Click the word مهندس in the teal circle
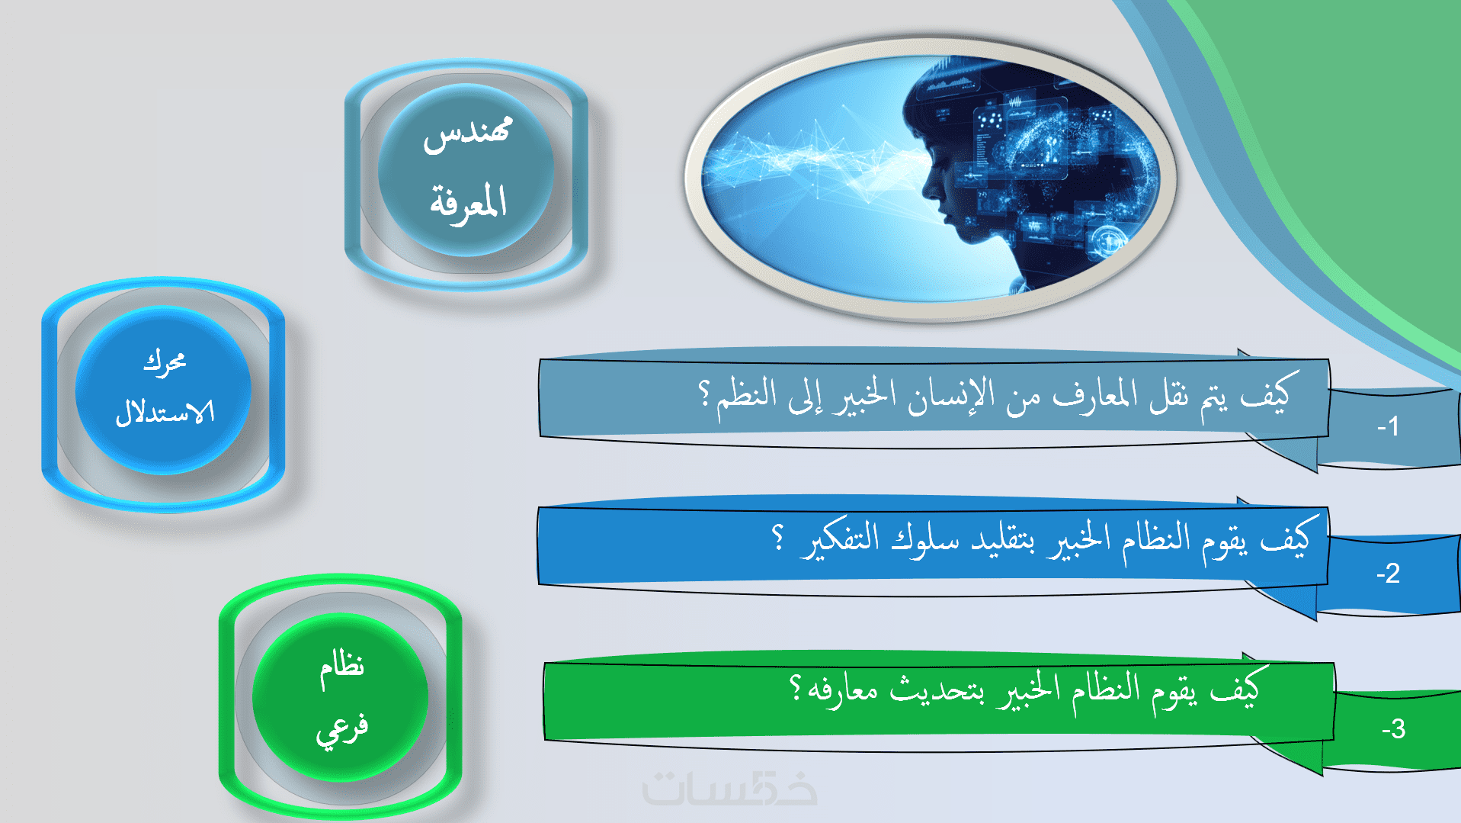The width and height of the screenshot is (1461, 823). (467, 134)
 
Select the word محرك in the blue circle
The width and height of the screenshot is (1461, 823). (165, 362)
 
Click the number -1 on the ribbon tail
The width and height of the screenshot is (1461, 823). (1388, 426)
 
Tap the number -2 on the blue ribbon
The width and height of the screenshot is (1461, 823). (1388, 574)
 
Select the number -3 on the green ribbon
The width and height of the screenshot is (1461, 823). (1393, 729)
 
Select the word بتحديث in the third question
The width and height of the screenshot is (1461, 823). (937, 690)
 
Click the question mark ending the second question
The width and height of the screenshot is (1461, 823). (777, 537)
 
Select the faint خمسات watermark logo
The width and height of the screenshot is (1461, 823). (729, 789)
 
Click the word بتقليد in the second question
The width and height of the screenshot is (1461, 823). (1003, 540)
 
